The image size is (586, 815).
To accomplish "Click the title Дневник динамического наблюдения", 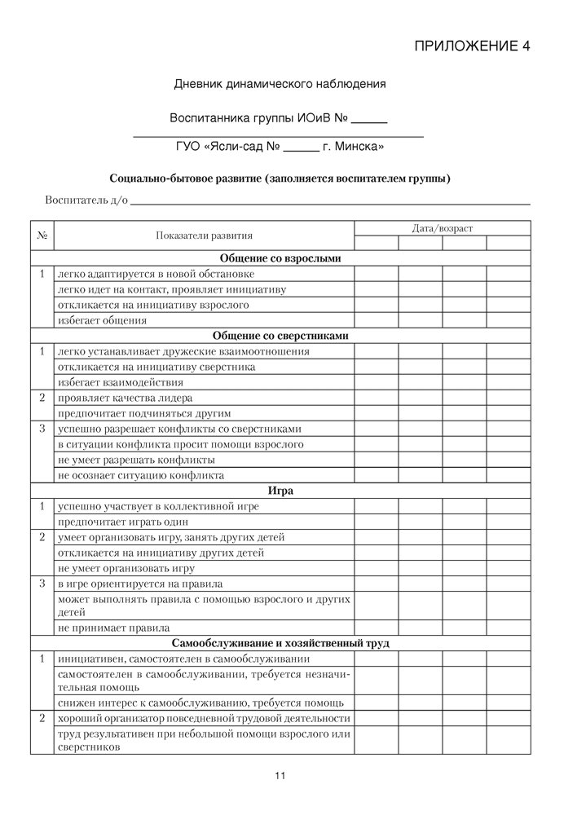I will pos(280,84).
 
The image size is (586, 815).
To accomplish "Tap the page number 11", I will pos(280,776).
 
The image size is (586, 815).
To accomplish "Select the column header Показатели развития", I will pos(204,236).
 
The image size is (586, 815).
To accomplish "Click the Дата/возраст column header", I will pos(442,228).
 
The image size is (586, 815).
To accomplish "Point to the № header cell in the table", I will pos(42,236).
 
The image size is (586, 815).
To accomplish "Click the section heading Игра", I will pos(280,491).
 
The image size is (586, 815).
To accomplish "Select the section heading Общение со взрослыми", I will pos(280,258).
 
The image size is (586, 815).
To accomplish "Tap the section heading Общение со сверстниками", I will pos(280,336).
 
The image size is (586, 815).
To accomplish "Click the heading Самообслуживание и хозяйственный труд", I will pos(280,643).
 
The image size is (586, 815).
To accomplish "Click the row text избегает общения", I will pos(102,320).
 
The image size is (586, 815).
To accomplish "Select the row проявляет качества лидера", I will pos(125,398).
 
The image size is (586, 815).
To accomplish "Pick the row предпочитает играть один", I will pos(122,522).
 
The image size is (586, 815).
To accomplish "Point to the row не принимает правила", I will pos(113,628).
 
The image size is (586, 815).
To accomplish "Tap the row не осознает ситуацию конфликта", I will pos(140,475).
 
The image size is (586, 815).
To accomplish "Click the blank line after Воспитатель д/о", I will pos(330,200).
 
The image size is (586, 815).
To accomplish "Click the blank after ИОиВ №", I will pos(369,119).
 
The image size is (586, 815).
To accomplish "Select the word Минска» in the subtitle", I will pos(360,148).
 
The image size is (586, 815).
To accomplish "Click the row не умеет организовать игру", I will pos(126,568).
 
